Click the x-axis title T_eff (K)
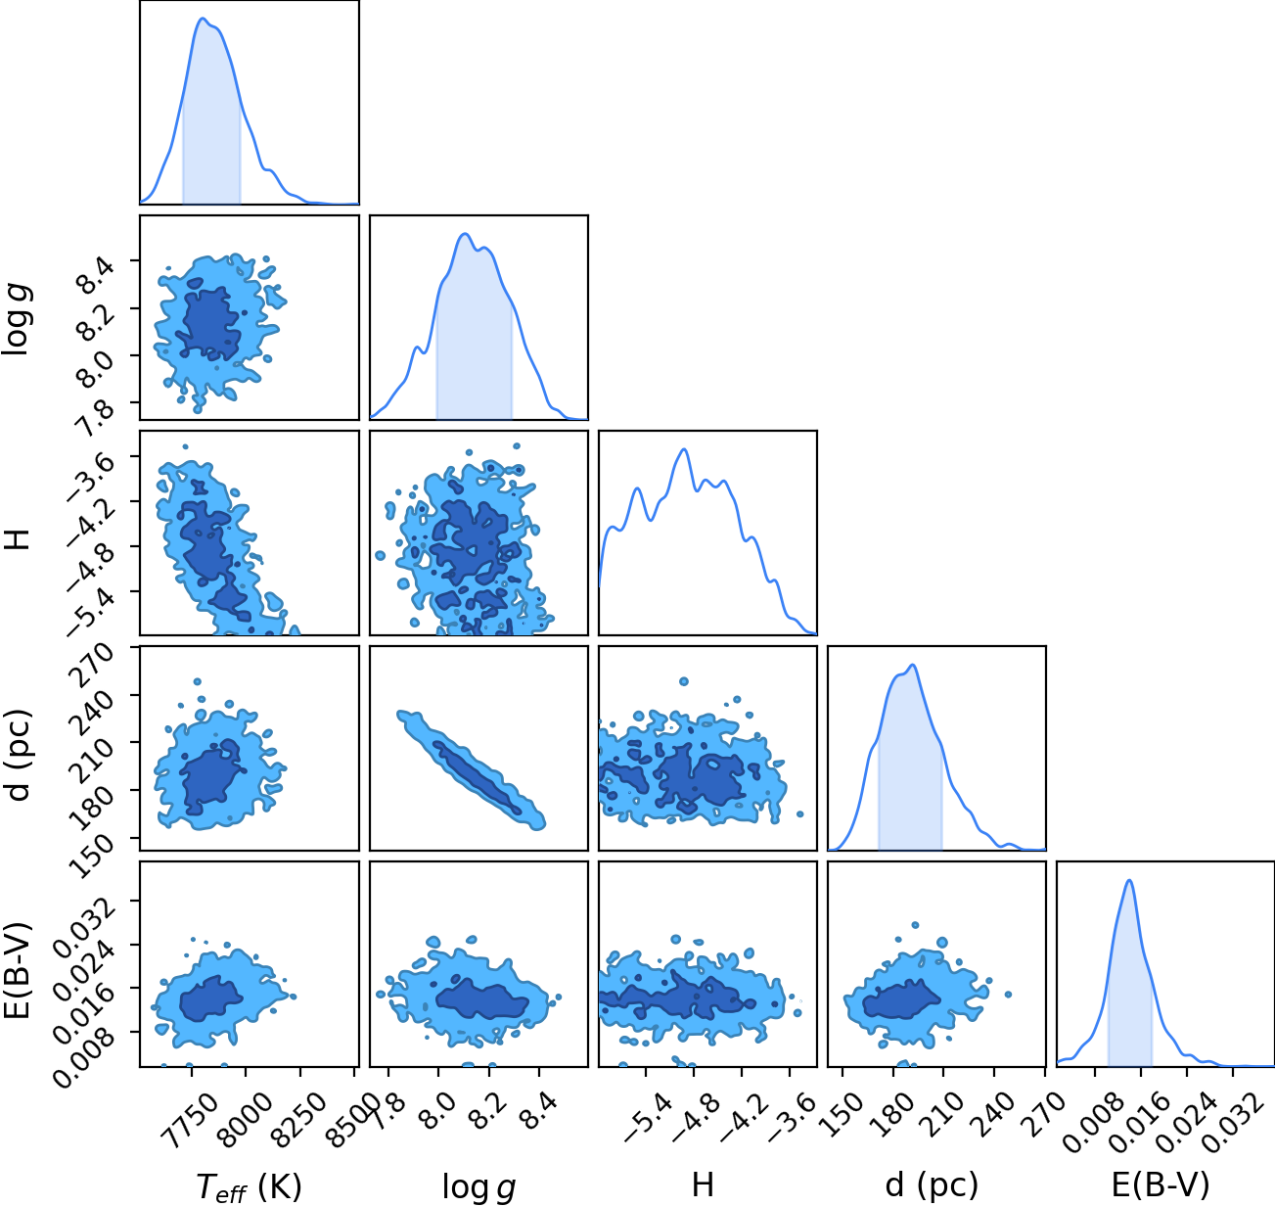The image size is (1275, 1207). point(250,1186)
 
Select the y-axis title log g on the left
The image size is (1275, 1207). point(17,320)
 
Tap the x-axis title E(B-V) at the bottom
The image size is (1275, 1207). point(1161,1184)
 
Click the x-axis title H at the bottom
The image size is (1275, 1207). point(703,1184)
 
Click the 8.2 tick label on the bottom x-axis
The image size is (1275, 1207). point(484,1111)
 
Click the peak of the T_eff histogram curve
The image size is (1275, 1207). point(203,19)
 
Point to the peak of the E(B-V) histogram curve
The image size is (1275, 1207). point(1130,880)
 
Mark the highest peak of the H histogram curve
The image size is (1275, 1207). point(684,449)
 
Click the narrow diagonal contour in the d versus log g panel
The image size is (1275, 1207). point(472,770)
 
